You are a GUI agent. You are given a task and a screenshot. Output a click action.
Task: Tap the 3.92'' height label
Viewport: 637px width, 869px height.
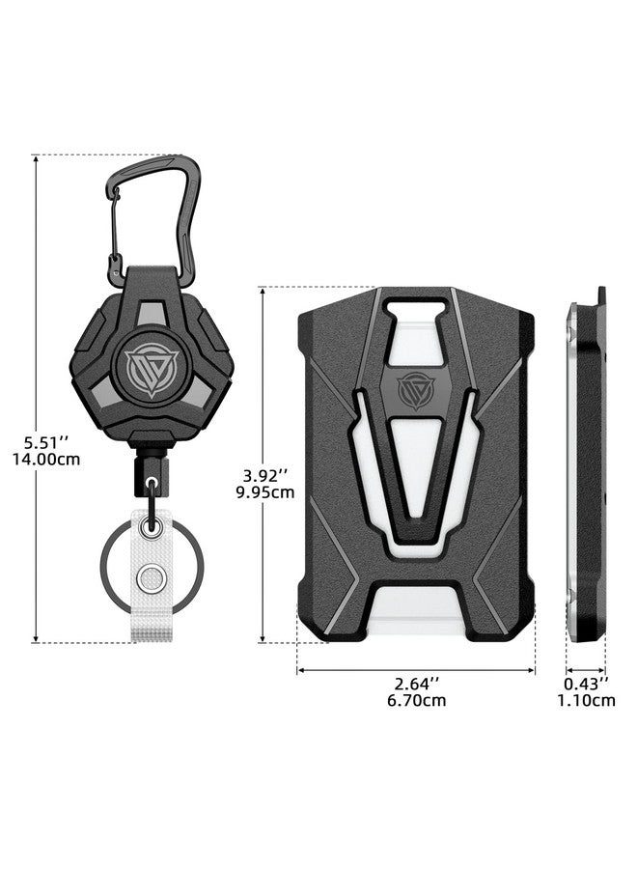(x=262, y=474)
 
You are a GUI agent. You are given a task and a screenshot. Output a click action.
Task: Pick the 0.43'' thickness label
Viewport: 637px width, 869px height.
(x=586, y=683)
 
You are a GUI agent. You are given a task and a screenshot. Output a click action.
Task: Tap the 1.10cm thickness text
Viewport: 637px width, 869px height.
(x=586, y=700)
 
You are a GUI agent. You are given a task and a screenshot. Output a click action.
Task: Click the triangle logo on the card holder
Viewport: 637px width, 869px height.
(x=416, y=390)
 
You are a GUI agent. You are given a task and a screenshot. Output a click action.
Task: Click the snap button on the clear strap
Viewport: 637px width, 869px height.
(x=149, y=579)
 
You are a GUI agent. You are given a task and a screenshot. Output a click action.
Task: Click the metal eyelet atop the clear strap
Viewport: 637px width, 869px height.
(x=150, y=527)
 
